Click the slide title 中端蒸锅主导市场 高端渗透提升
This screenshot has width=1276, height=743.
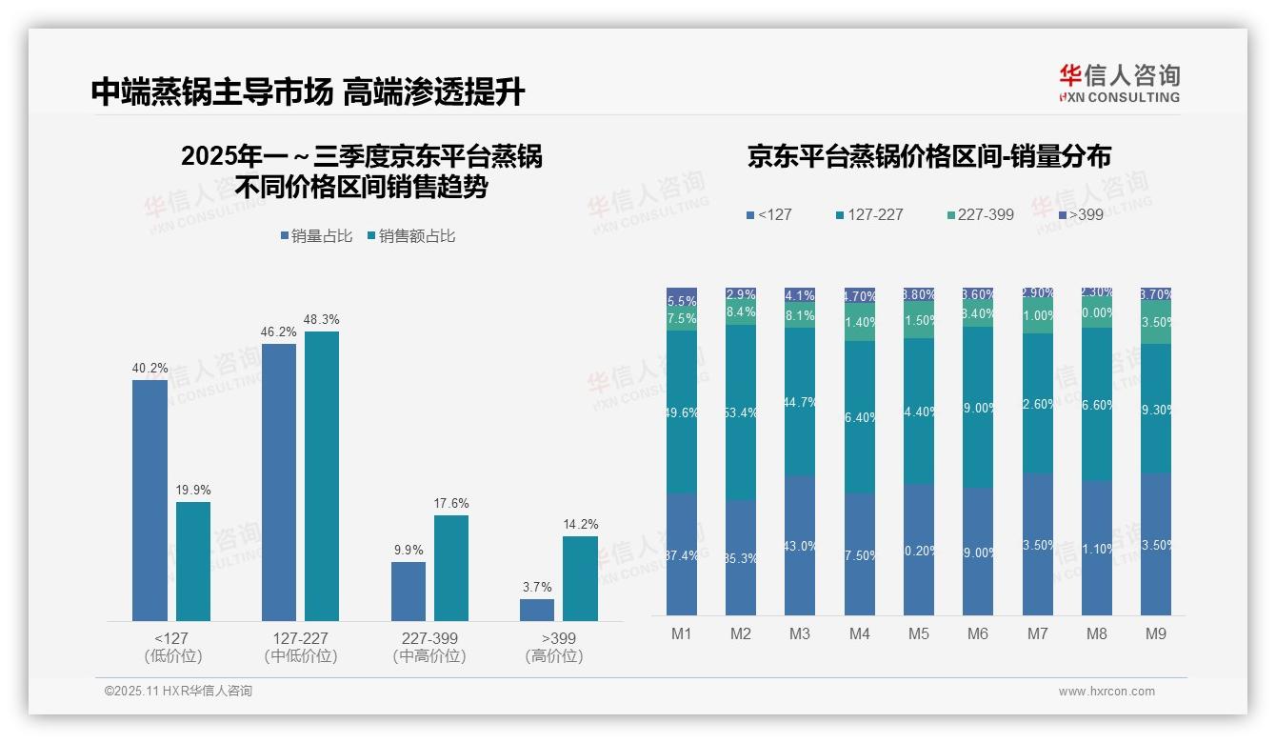308,91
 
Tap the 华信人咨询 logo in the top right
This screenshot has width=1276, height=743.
1119,83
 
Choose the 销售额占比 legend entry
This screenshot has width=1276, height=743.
410,236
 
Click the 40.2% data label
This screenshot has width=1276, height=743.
150,369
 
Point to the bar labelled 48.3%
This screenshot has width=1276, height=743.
322,476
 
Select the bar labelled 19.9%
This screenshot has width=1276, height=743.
193,562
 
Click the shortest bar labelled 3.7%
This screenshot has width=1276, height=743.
537,610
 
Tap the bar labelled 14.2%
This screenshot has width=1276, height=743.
580,579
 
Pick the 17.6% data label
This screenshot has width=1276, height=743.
451,503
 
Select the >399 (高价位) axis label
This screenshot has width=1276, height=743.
553,647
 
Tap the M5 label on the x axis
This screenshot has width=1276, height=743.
918,633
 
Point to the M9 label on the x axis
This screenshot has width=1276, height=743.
1155,633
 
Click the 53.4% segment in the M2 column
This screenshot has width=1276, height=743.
741,412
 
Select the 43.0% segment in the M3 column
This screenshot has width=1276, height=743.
800,546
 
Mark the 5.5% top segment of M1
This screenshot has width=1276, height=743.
682,300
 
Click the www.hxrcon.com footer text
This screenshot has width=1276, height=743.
1106,692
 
